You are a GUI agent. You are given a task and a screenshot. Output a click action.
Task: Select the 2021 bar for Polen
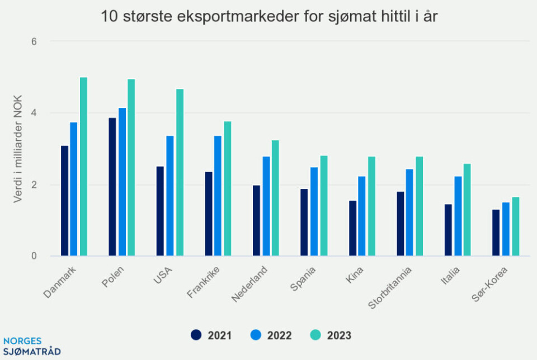click(x=112, y=187)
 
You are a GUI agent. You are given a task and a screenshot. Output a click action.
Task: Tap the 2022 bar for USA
click(x=169, y=196)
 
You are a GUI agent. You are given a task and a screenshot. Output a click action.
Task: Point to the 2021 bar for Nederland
click(x=256, y=220)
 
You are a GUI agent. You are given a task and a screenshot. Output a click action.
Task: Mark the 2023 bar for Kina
click(x=371, y=206)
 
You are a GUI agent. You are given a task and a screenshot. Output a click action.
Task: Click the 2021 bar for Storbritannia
click(x=401, y=224)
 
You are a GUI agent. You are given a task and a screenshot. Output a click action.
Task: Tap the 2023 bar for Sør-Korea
click(x=516, y=226)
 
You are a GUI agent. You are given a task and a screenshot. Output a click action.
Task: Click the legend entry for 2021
click(x=211, y=335)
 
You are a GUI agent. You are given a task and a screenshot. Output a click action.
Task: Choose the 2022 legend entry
click(x=271, y=335)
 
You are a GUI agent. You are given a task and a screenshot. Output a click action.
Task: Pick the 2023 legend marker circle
click(x=315, y=335)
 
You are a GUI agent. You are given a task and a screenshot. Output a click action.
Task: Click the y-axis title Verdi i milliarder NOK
click(x=18, y=149)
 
